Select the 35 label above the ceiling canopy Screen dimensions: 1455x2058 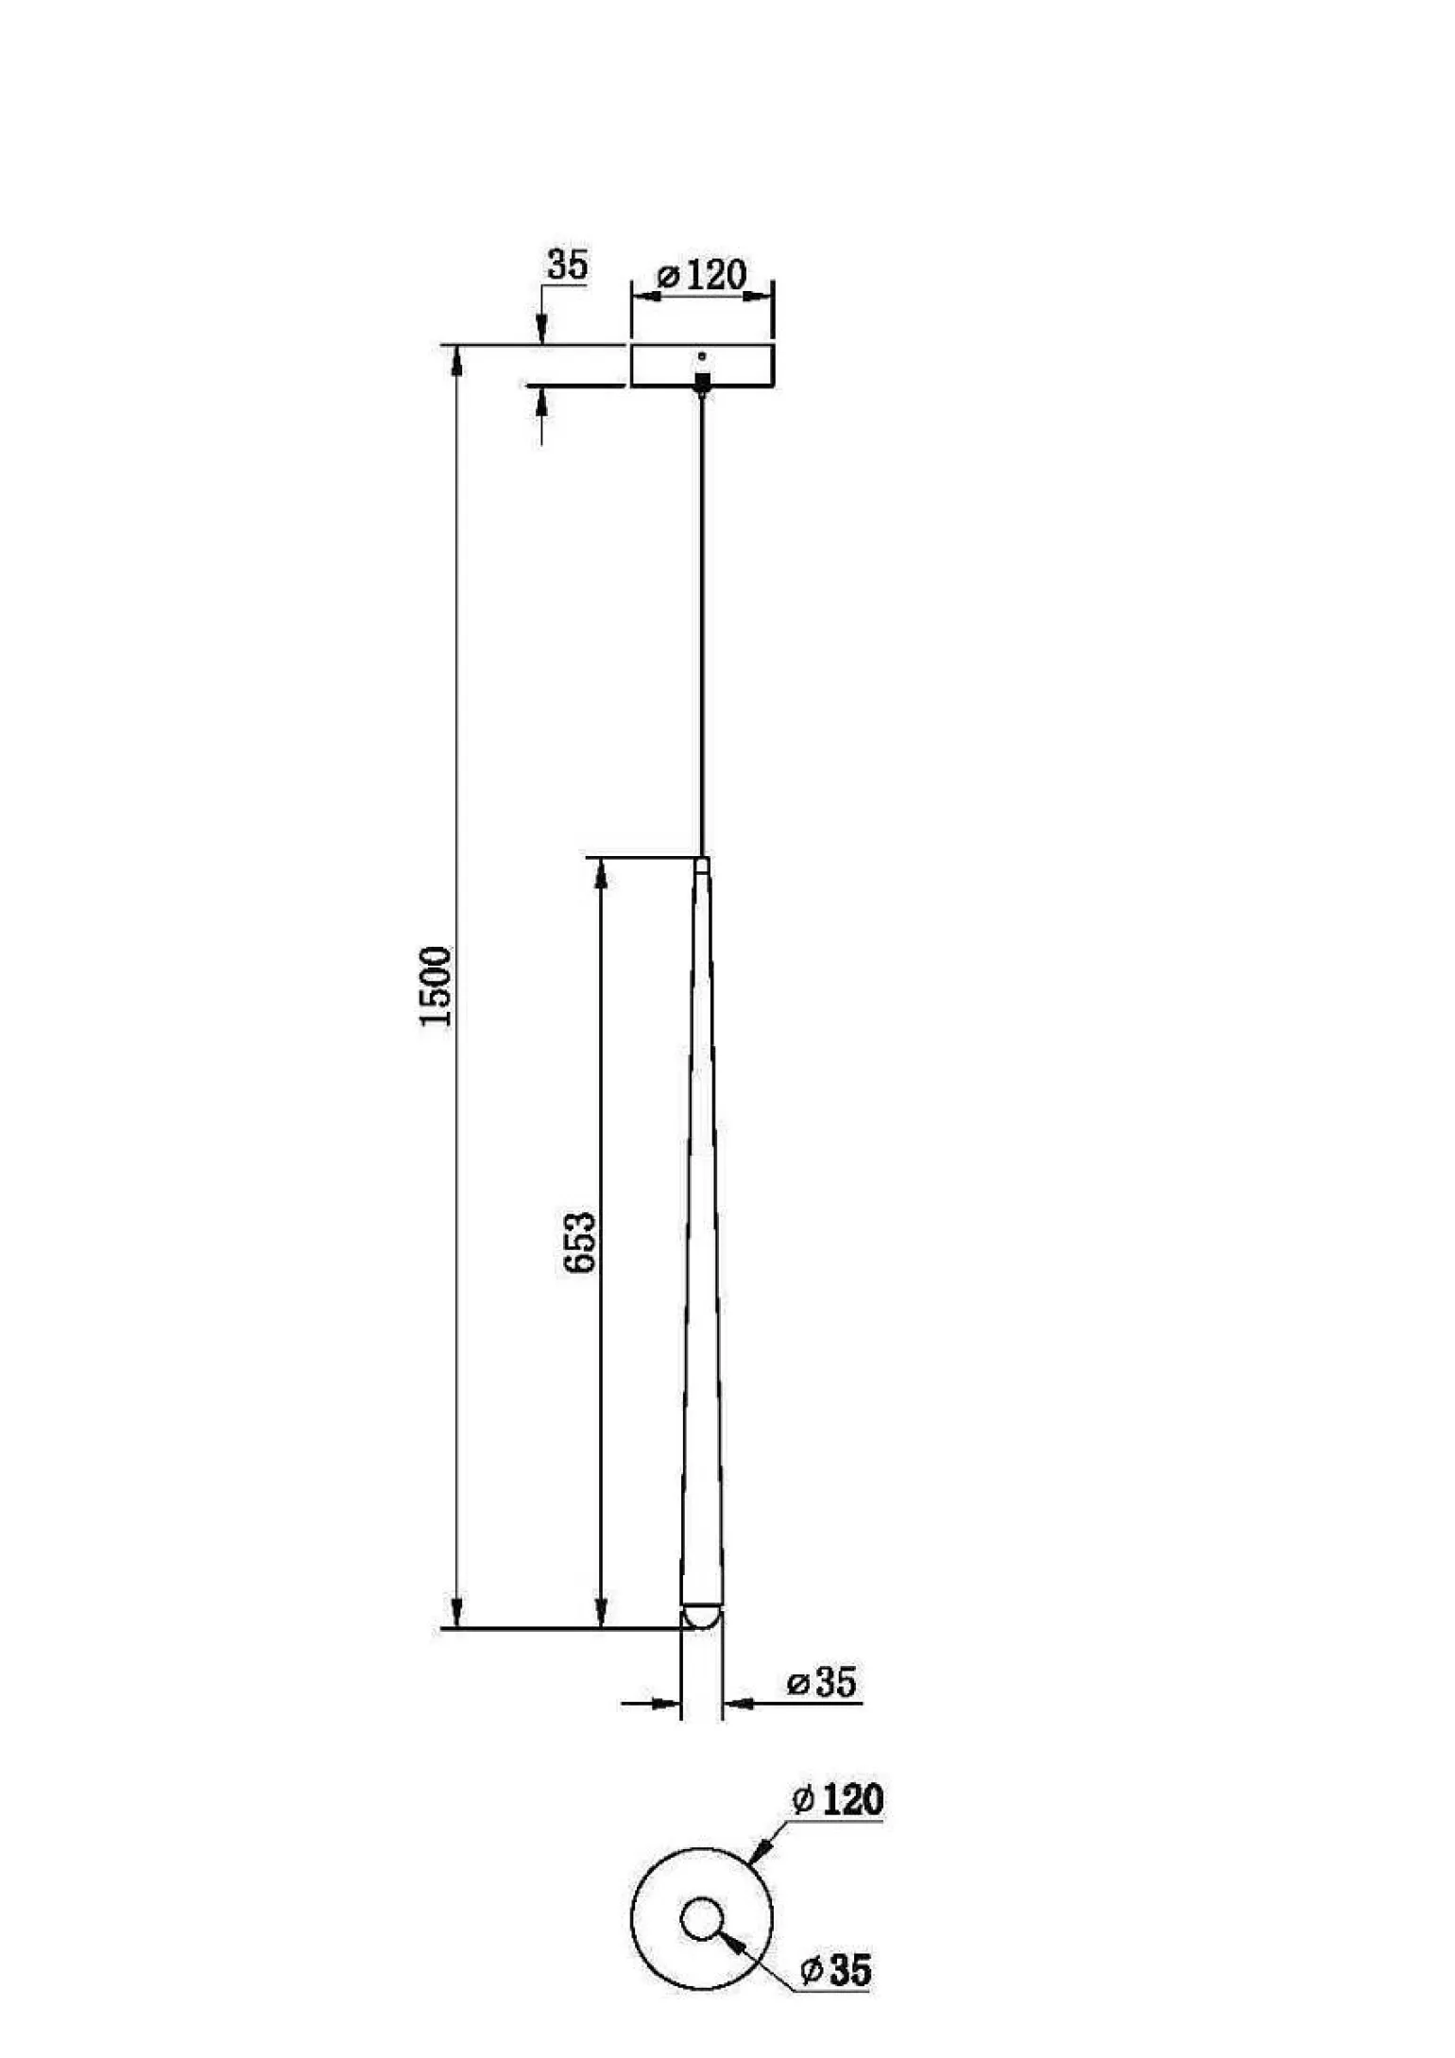point(568,265)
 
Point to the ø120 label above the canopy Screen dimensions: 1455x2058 point(702,275)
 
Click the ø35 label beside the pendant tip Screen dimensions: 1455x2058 point(822,1683)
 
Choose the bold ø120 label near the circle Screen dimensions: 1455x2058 point(838,1800)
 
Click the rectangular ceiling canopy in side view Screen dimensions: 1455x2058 point(702,366)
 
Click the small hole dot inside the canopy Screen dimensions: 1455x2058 point(702,356)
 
